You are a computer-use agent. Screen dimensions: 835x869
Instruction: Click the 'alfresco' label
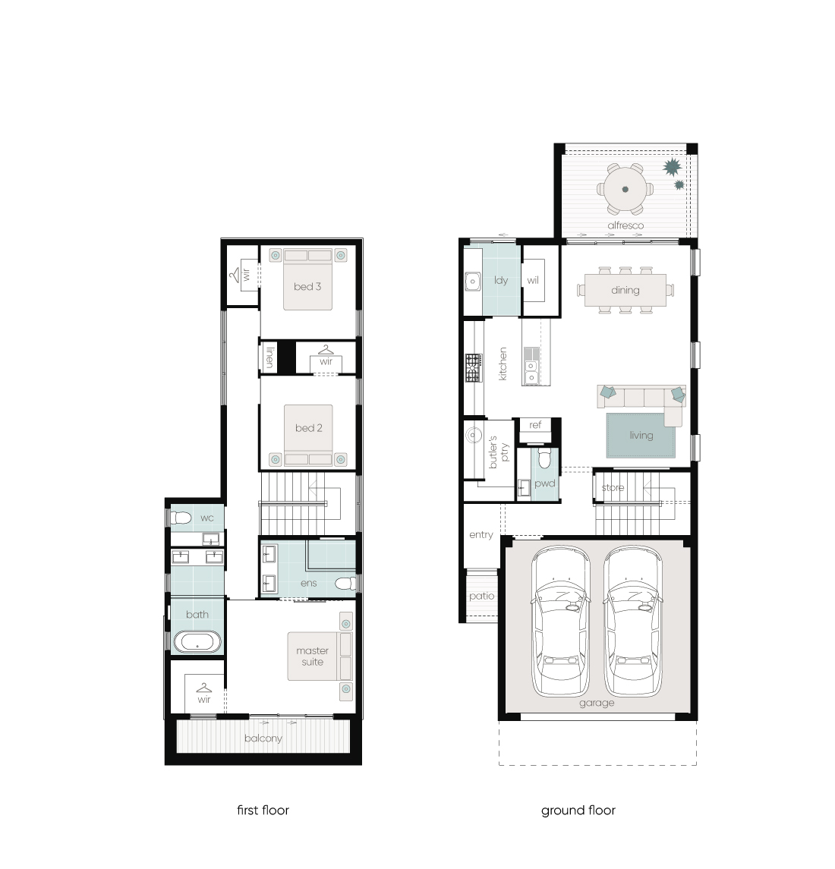(x=625, y=225)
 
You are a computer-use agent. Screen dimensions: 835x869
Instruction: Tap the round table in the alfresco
(x=625, y=189)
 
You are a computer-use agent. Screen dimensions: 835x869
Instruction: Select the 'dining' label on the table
(x=625, y=290)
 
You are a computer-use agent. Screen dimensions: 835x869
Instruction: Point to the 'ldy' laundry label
(x=501, y=280)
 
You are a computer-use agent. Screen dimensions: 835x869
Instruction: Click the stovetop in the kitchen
(x=474, y=368)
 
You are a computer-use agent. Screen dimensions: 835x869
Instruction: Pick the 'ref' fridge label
(x=535, y=424)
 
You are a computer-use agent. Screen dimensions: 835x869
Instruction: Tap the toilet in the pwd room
(x=544, y=458)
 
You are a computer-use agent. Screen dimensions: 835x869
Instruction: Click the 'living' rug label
(x=641, y=436)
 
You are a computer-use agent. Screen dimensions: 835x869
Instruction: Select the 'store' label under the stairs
(x=613, y=488)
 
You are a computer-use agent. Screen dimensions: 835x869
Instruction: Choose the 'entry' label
(x=481, y=535)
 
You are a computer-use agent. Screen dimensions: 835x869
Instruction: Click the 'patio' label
(x=481, y=596)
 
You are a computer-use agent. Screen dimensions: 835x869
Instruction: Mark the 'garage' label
(x=597, y=703)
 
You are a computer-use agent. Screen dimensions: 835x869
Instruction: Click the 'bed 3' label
(x=307, y=287)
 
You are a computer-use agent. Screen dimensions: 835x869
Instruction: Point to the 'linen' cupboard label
(x=269, y=357)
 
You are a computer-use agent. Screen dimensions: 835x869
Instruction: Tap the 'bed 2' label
(x=308, y=428)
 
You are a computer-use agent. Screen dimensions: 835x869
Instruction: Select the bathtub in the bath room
(x=197, y=642)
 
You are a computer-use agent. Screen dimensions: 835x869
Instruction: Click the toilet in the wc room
(x=181, y=518)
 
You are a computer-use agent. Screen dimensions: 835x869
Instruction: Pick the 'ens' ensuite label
(x=308, y=583)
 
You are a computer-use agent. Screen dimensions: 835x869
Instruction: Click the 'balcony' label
(x=263, y=738)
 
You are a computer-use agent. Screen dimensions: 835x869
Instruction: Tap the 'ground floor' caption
(x=578, y=811)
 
